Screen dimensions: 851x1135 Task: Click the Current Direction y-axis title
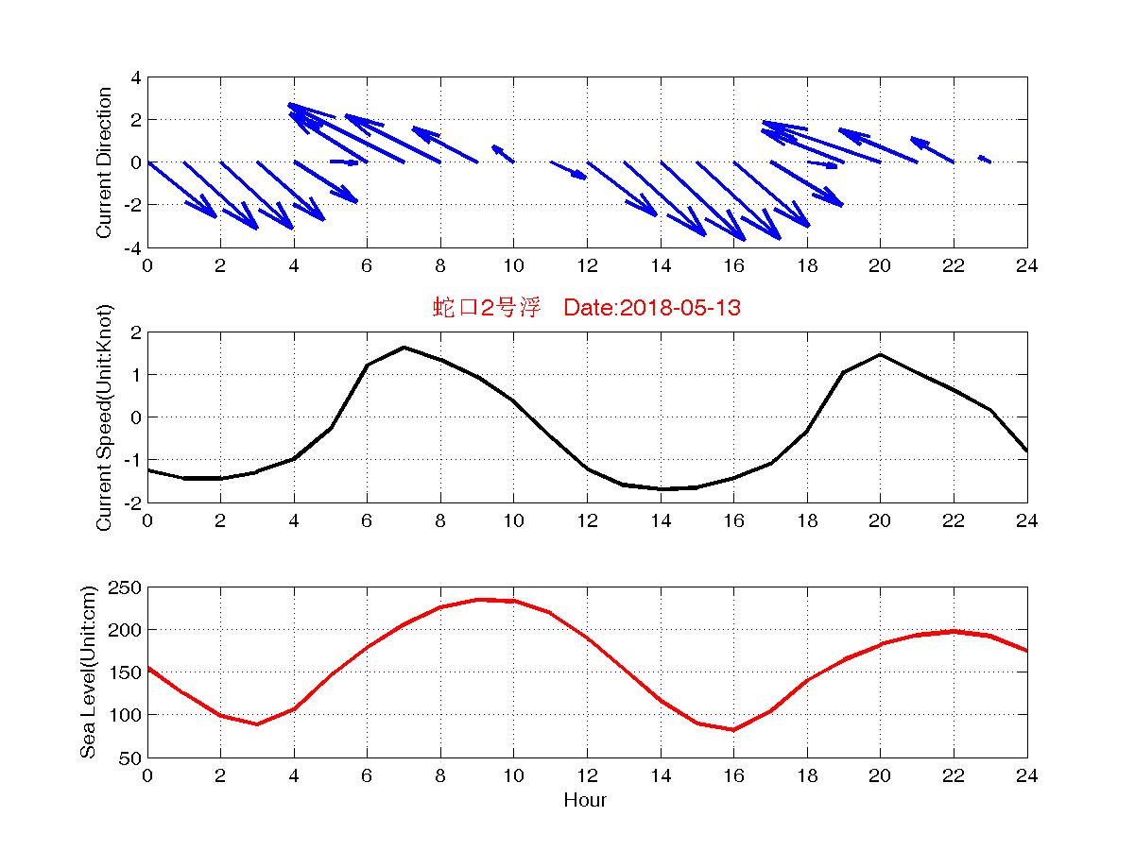pyautogui.click(x=104, y=162)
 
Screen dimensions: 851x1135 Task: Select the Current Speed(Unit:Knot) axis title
pyautogui.click(x=104, y=417)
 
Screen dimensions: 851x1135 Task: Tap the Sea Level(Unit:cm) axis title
pyautogui.click(x=88, y=672)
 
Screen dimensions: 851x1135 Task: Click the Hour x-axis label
pyautogui.click(x=586, y=800)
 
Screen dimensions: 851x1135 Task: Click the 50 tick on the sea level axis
pyautogui.click(x=130, y=757)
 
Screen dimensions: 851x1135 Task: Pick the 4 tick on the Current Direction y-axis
pyautogui.click(x=136, y=77)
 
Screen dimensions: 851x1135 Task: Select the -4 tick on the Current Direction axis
pyautogui.click(x=132, y=247)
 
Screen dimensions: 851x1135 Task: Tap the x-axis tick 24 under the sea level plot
pyautogui.click(x=1027, y=776)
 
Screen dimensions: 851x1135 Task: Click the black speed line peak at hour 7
pyautogui.click(x=404, y=348)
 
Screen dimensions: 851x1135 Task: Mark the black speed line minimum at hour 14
pyautogui.click(x=661, y=489)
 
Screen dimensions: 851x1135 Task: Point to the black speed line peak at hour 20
pyautogui.click(x=880, y=354)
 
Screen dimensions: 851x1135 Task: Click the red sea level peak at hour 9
pyautogui.click(x=477, y=599)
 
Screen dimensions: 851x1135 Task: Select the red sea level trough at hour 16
pyautogui.click(x=733, y=729)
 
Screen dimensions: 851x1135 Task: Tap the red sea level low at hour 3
pyautogui.click(x=256, y=723)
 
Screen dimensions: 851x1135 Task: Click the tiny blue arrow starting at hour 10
pyautogui.click(x=503, y=154)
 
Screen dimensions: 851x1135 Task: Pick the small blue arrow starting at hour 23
pyautogui.click(x=984, y=159)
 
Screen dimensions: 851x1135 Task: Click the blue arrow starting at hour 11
pyautogui.click(x=569, y=170)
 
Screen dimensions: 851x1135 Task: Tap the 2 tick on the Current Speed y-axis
pyautogui.click(x=136, y=332)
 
